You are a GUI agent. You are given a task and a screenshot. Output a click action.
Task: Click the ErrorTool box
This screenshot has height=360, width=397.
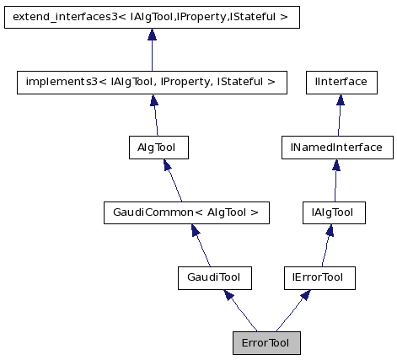pyautogui.click(x=266, y=343)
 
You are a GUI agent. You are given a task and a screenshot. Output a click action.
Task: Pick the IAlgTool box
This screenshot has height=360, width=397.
pyautogui.click(x=333, y=212)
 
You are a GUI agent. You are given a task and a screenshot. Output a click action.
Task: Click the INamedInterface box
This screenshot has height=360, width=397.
pyautogui.click(x=336, y=148)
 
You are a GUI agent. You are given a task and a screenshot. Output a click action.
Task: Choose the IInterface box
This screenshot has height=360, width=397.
pyautogui.click(x=341, y=82)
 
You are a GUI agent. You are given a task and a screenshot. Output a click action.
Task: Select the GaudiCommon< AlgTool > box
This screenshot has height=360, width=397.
pyautogui.click(x=185, y=212)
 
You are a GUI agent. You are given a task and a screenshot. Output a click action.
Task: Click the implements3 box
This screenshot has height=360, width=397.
pyautogui.click(x=152, y=82)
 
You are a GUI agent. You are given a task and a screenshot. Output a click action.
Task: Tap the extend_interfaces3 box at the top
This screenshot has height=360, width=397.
pyautogui.click(x=152, y=16)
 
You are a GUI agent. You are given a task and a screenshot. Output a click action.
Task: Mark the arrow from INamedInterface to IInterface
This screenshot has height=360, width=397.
pyautogui.click(x=339, y=116)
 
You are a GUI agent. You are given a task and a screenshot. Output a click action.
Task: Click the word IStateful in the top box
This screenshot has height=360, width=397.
pyautogui.click(x=257, y=16)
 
